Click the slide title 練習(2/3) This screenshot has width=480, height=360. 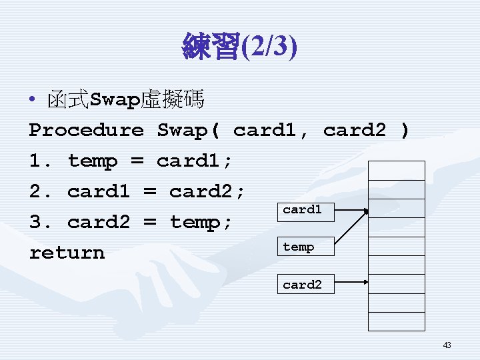240,48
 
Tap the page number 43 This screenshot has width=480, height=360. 447,345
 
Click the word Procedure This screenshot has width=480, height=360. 86,130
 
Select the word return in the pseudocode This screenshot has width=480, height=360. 67,253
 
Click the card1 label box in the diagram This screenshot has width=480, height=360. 302,209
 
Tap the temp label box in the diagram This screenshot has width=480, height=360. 299,247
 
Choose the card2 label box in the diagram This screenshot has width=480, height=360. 302,285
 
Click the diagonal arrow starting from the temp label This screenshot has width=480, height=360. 344,231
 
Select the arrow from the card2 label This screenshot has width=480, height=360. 347,285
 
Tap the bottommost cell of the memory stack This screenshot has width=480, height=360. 397,322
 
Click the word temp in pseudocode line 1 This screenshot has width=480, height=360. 93,161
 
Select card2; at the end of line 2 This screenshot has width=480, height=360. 207,191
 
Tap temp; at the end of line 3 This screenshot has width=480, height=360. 201,222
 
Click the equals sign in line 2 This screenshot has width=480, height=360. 150,192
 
